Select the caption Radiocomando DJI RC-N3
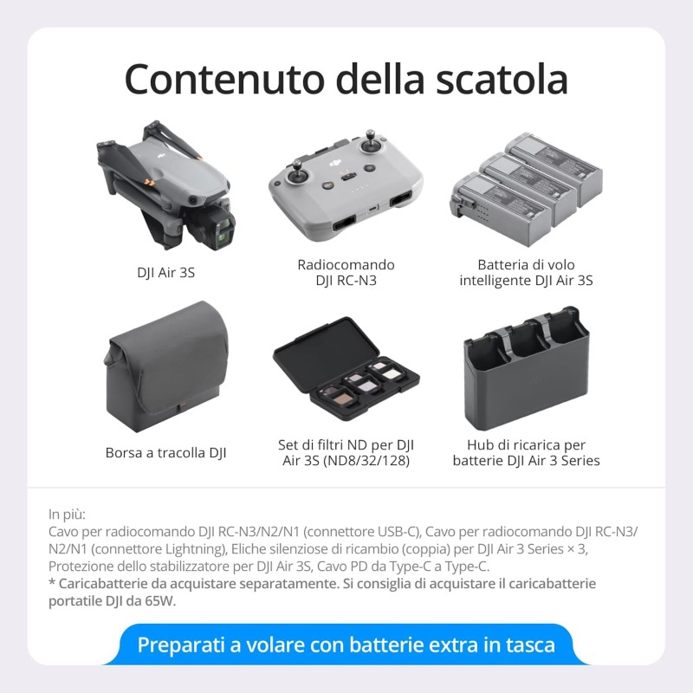[346, 272]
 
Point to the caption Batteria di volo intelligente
[526, 272]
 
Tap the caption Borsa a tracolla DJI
[166, 452]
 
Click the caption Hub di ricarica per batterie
[526, 452]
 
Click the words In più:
[68, 513]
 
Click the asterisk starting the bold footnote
[51, 585]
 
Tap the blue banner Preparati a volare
[346, 645]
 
